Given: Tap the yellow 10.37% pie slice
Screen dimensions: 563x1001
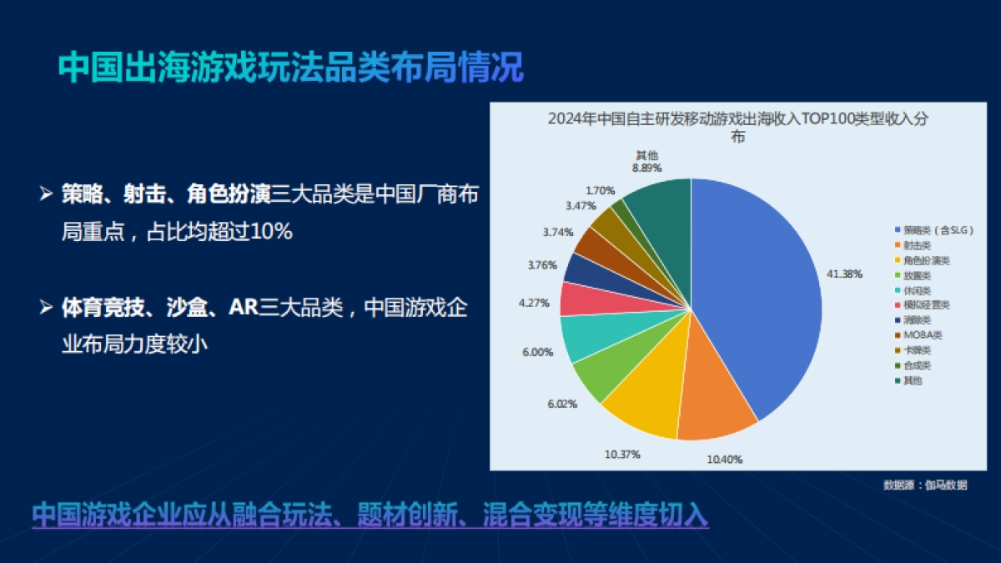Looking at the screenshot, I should pyautogui.click(x=646, y=400).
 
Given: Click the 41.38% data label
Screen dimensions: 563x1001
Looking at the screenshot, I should pyautogui.click(x=844, y=274).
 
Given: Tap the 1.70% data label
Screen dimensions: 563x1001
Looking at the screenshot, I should pyautogui.click(x=600, y=190).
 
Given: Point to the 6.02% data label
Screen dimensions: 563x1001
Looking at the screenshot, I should pyautogui.click(x=561, y=403).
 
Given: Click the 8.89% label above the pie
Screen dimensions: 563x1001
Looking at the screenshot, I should pyautogui.click(x=646, y=168).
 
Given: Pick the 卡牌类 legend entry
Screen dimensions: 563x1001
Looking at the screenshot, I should pyautogui.click(x=917, y=350).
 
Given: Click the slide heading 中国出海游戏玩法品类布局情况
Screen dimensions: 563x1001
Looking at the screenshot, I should pyautogui.click(x=291, y=68).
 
